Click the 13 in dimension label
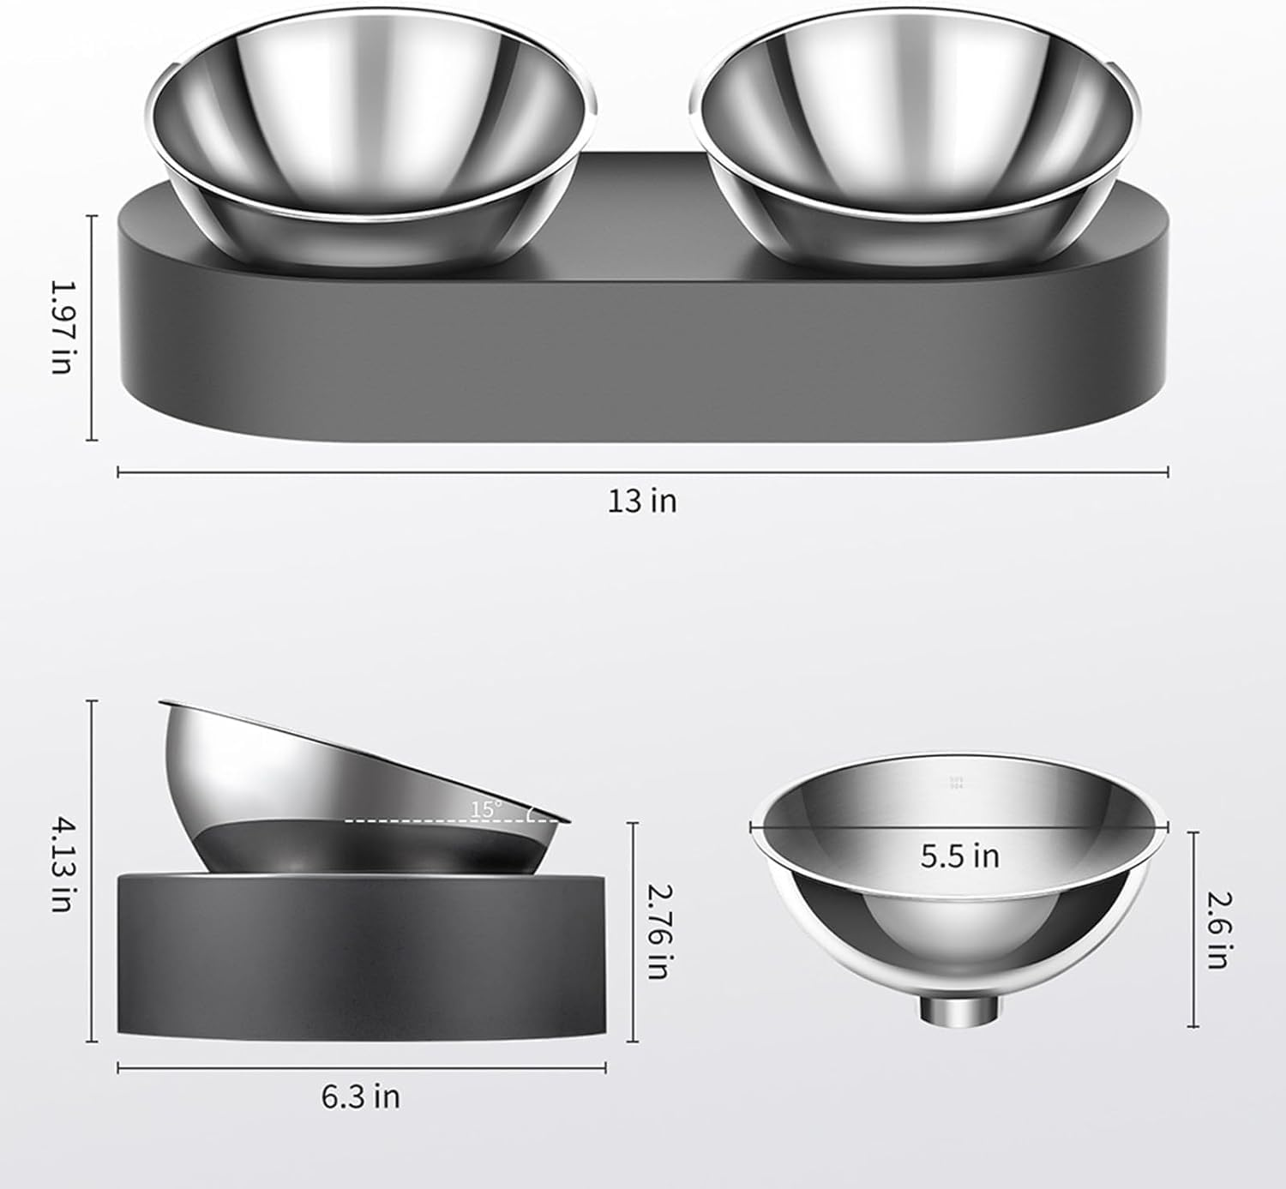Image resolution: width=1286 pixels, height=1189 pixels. click(642, 501)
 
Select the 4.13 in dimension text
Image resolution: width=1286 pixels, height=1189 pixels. click(62, 864)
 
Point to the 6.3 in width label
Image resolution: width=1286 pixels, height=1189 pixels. click(360, 1096)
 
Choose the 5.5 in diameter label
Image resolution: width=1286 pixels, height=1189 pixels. click(959, 856)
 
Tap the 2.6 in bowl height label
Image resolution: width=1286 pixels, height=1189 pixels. click(1217, 930)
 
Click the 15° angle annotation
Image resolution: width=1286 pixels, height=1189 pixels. click(485, 808)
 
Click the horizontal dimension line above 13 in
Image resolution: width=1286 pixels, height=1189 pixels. click(642, 471)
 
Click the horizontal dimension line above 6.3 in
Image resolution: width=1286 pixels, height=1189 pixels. click(360, 1067)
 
